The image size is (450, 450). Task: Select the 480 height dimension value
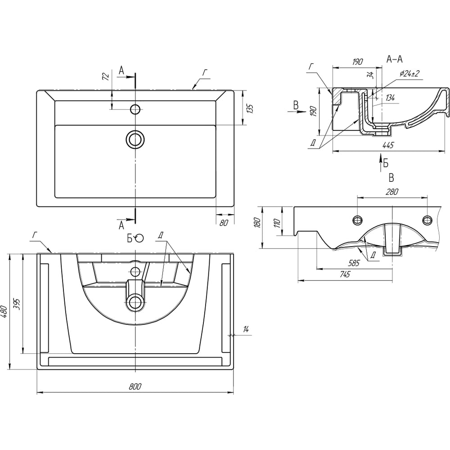(x=4, y=311)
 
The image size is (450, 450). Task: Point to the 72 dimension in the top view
(x=106, y=77)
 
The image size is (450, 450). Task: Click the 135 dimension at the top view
(x=250, y=108)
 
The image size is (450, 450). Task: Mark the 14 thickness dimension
(x=246, y=329)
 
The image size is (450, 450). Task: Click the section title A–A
(x=395, y=58)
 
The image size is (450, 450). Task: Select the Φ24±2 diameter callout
(x=409, y=74)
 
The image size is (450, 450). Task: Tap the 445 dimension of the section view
(x=388, y=145)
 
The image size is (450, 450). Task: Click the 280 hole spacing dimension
(x=391, y=192)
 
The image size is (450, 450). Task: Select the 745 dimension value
(x=345, y=275)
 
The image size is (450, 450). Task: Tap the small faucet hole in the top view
(x=135, y=109)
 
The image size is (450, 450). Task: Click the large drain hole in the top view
(x=135, y=139)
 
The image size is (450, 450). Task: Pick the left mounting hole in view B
(x=358, y=220)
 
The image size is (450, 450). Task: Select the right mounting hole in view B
(x=427, y=220)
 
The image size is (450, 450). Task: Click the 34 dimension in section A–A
(x=370, y=75)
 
